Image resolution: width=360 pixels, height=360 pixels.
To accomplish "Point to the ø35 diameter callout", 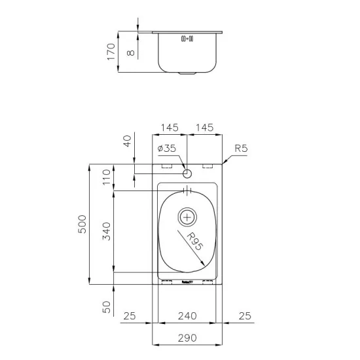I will click(167, 149).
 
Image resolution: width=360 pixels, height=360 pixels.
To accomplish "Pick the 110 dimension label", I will click(107, 177).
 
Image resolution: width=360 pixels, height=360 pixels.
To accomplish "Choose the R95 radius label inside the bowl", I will click(194, 243).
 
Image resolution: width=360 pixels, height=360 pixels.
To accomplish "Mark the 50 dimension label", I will click(107, 307).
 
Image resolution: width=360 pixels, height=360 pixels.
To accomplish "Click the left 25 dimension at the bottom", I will click(129, 316).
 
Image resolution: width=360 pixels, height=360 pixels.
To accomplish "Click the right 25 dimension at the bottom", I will click(245, 316).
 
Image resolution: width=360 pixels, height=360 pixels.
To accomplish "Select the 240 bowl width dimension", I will click(187, 316).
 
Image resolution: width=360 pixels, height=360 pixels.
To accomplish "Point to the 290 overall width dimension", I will click(187, 338).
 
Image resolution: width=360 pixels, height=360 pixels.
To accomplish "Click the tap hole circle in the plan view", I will click(187, 174).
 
